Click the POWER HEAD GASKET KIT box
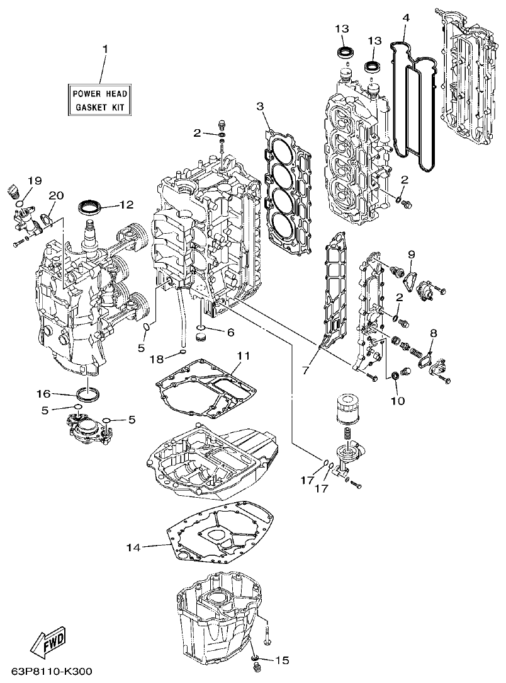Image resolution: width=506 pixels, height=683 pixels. tap(101, 100)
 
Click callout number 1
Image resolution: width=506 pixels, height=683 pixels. tap(105, 49)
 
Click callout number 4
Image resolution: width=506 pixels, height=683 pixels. tap(406, 17)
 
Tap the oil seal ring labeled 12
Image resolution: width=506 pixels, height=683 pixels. tap(91, 206)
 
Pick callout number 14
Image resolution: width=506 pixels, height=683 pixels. tap(132, 547)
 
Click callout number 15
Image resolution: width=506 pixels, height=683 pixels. tap(282, 660)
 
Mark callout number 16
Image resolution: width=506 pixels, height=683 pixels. tap(43, 394)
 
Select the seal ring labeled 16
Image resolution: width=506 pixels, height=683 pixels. tap(87, 394)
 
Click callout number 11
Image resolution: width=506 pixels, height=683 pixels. tap(243, 356)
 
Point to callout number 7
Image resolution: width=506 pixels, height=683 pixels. tap(305, 370)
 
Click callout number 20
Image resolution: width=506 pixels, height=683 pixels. tap(56, 195)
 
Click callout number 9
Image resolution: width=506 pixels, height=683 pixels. tap(412, 254)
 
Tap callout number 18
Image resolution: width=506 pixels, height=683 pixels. tap(156, 359)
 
